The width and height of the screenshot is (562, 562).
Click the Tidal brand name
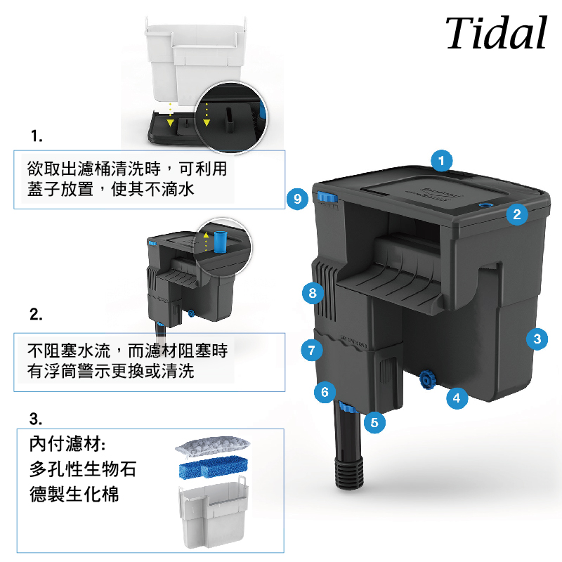point(497,32)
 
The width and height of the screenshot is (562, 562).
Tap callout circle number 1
point(442,161)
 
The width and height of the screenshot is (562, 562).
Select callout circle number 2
point(517,214)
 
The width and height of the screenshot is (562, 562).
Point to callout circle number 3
point(537,339)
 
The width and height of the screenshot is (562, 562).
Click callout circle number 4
point(457,398)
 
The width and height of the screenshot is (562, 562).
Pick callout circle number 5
point(374,422)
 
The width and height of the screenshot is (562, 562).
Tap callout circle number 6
point(325,392)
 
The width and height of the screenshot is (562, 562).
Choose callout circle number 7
point(312,350)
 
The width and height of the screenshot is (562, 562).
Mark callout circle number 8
point(313,293)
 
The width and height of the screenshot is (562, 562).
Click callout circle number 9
point(297,199)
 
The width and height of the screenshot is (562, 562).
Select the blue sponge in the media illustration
point(214,466)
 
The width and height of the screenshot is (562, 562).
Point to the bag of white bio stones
point(212,446)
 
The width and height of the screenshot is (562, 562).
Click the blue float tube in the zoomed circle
point(221,241)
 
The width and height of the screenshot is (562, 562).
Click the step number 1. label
point(37,136)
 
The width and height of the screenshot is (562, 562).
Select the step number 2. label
point(36,314)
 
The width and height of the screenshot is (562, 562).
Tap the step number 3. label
point(36,419)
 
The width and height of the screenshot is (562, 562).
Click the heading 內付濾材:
point(67,444)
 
